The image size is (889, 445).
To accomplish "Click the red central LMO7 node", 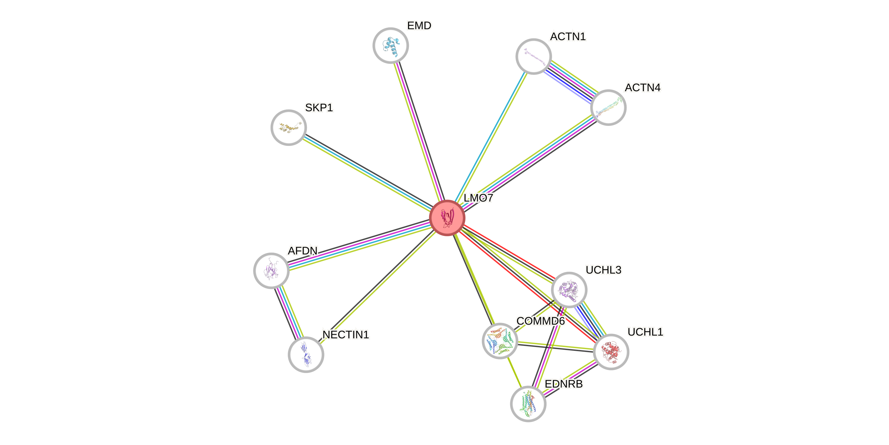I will tap(447, 218).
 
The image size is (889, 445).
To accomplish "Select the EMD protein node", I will tap(391, 46).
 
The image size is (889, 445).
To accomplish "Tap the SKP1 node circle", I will tap(289, 128).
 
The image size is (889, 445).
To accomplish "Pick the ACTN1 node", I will tap(533, 56).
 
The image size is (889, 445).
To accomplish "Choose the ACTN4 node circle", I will tap(608, 108).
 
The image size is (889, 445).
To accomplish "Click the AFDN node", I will tap(271, 270).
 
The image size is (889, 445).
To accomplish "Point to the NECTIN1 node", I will tap(306, 354).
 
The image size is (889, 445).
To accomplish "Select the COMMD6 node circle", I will tap(500, 341).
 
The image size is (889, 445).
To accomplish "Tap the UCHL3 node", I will tap(569, 290).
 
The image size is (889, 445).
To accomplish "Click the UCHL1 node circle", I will tap(611, 352).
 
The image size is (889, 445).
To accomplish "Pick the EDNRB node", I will tap(528, 404).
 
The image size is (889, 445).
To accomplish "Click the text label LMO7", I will tap(478, 198).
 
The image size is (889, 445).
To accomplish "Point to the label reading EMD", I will tap(419, 25).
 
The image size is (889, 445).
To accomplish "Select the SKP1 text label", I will tap(319, 108).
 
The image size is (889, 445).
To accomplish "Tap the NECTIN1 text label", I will tap(346, 334).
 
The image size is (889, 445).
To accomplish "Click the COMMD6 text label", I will tap(541, 321).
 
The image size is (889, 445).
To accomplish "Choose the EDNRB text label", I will tap(564, 384).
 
